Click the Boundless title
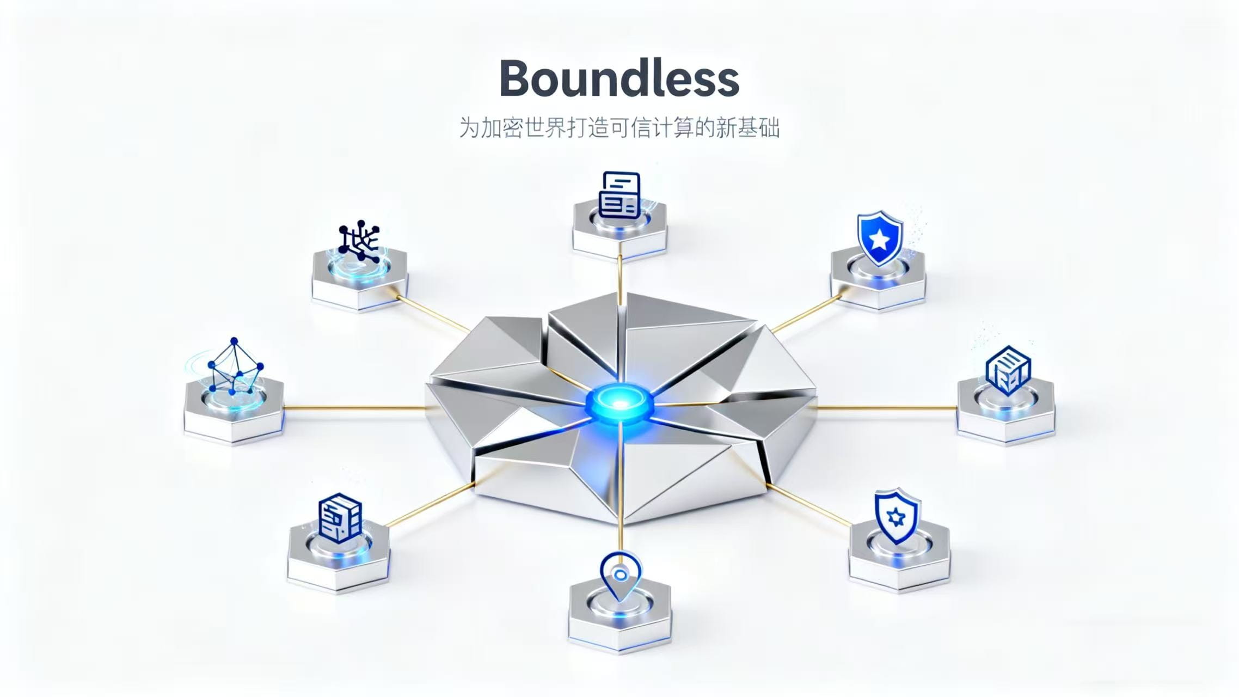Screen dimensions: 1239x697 619,78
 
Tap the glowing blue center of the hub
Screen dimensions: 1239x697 619,403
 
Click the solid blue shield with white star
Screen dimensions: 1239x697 879,237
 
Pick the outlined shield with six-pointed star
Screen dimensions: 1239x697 895,516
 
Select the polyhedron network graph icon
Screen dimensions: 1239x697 234,367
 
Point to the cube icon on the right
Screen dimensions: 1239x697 1008,370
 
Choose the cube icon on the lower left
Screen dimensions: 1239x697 340,517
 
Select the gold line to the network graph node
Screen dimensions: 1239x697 354,407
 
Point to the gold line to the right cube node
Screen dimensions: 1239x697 887,407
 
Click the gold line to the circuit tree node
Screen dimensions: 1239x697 433,314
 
